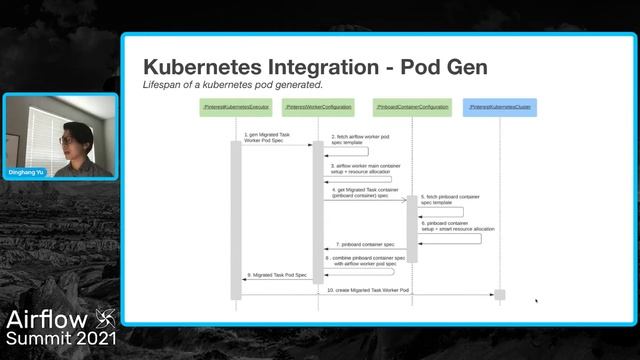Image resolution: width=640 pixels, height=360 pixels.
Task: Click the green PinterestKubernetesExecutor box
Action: [236, 105]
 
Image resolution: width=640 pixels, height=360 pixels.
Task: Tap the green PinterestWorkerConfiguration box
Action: [318, 105]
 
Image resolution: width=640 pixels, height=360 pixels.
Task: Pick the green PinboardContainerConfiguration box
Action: [411, 105]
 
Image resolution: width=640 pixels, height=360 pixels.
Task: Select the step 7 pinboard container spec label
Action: [365, 244]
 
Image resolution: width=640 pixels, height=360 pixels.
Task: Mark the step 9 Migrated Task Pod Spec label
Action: [276, 275]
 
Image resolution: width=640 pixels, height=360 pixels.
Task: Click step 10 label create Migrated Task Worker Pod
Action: [367, 290]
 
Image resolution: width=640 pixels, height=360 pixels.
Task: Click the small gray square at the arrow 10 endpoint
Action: [499, 295]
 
